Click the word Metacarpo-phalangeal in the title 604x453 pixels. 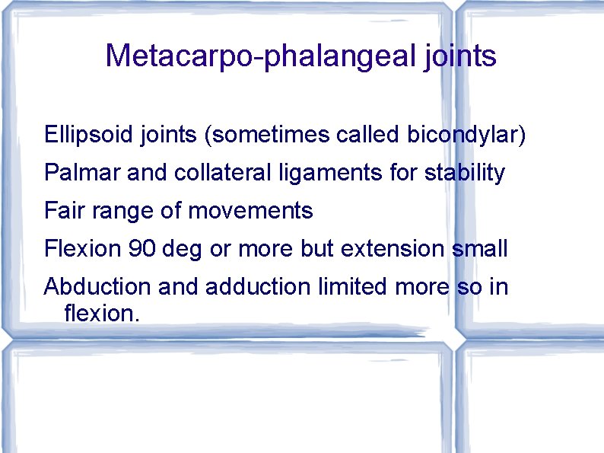coord(259,56)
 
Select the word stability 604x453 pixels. coord(465,173)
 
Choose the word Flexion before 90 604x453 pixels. coord(83,248)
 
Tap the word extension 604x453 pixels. coord(389,248)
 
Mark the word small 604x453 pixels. coord(480,248)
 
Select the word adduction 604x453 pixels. coord(259,286)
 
